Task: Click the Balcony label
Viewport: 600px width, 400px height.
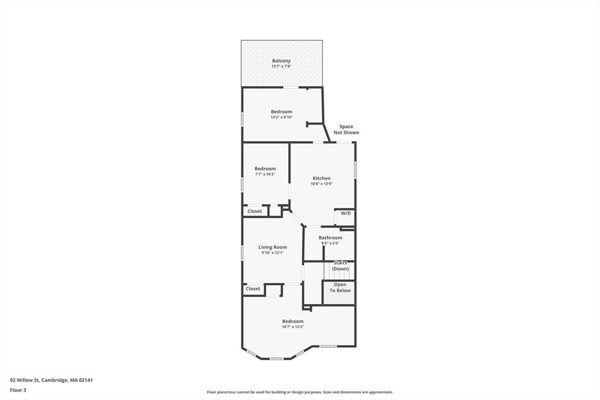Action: (281, 61)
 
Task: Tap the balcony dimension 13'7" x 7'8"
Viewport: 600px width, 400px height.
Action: (281, 66)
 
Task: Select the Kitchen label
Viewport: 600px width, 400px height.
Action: (322, 178)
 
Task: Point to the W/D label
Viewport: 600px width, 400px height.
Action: (346, 213)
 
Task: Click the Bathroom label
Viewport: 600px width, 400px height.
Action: (330, 238)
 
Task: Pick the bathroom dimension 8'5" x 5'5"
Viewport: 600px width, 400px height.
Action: (330, 243)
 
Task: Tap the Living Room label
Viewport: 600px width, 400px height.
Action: (272, 247)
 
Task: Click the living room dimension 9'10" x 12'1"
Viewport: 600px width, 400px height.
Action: (272, 253)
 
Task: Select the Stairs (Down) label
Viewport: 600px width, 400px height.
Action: (340, 266)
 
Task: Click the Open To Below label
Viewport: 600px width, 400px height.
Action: (340, 288)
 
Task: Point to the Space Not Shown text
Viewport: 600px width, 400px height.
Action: (346, 129)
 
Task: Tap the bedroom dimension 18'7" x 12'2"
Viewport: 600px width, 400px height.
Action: (293, 327)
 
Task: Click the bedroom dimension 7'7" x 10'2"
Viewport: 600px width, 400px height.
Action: (265, 174)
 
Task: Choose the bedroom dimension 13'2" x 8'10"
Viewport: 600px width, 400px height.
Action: (282, 117)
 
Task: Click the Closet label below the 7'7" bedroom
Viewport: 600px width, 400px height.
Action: (254, 211)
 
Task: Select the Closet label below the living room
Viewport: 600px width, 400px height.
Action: (253, 289)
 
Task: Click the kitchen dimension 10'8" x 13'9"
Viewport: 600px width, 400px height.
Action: (322, 183)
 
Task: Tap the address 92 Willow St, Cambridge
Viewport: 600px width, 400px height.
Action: (52, 380)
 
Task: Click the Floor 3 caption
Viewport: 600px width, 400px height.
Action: (18, 391)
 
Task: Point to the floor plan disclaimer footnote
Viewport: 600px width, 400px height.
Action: (299, 392)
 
